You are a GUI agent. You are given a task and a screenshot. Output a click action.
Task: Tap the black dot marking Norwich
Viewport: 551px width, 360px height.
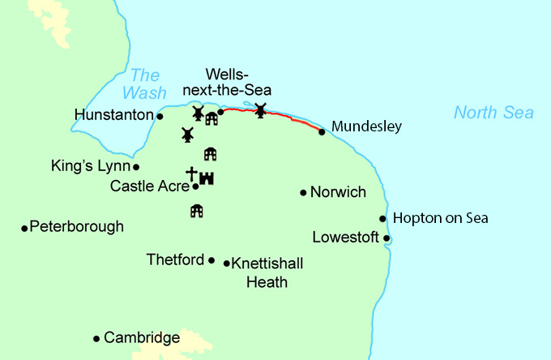(303, 193)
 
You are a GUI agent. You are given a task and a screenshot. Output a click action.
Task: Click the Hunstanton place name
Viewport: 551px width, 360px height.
(113, 116)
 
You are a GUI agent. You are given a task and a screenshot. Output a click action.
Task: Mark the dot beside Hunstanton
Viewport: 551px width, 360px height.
(160, 116)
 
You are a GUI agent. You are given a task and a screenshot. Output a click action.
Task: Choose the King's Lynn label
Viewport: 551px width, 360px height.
(89, 166)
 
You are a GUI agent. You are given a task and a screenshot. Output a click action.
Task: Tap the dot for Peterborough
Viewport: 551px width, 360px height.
(24, 228)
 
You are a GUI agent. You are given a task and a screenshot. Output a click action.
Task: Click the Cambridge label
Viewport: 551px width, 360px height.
(142, 338)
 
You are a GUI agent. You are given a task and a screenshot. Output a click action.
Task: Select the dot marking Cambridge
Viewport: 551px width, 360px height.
(96, 338)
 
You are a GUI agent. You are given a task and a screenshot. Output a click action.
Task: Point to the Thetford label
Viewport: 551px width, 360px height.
(174, 260)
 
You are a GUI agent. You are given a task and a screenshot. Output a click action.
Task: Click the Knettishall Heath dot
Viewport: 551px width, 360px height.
(225, 263)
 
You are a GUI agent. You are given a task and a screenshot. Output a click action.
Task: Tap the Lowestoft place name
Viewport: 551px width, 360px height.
(346, 238)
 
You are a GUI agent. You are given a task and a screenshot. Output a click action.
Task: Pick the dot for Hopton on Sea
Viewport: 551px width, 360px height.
(382, 218)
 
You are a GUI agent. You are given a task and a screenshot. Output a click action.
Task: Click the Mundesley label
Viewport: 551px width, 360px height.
(366, 127)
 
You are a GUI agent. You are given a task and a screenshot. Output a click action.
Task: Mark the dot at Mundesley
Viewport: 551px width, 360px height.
(322, 131)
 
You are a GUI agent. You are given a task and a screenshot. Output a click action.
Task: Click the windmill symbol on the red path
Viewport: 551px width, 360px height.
(260, 109)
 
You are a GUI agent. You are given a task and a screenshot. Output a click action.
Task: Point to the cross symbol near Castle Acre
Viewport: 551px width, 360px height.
(191, 174)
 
